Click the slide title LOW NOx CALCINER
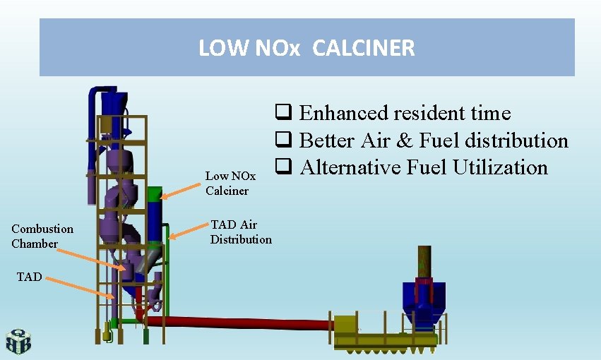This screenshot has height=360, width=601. click(x=307, y=48)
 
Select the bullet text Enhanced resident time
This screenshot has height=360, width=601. click(x=404, y=113)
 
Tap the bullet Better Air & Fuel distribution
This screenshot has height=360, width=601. click(x=433, y=140)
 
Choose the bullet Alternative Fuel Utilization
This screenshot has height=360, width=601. click(x=423, y=167)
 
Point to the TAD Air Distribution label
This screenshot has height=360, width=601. click(x=240, y=232)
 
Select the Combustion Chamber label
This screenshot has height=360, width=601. click(x=42, y=236)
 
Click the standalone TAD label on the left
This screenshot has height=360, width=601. click(x=29, y=277)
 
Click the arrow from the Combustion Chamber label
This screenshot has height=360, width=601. click(x=96, y=257)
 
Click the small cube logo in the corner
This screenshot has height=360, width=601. click(x=18, y=342)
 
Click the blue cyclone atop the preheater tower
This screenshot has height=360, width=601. click(x=109, y=106)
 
